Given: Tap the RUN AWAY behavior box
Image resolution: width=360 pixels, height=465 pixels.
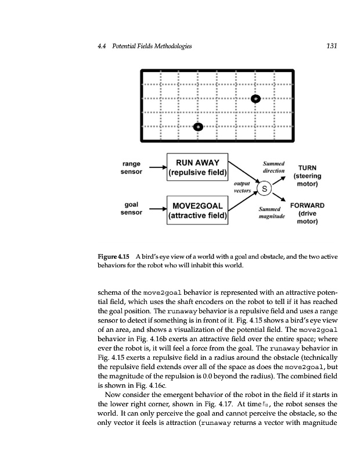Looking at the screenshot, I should (x=197, y=165).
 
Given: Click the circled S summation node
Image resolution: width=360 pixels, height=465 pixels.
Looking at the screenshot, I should (x=264, y=189).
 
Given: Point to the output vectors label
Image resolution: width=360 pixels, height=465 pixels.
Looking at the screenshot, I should (x=242, y=186).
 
